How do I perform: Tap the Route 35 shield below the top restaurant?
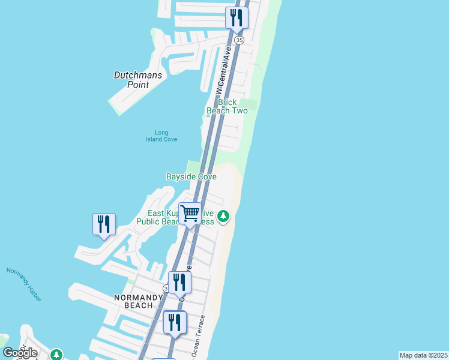(240, 40)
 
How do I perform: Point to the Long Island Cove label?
(161, 136)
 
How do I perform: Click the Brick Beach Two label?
(227, 106)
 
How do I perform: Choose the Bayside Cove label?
(191, 177)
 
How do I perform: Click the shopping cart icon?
(190, 212)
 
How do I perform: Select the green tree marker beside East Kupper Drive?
(223, 215)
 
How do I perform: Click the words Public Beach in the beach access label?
(157, 221)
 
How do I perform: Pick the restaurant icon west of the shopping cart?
(104, 224)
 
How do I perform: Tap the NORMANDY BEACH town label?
(139, 301)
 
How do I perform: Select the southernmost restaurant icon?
(175, 322)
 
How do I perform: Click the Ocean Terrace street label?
(198, 337)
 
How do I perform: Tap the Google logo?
(20, 353)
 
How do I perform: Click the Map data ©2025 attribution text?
(423, 355)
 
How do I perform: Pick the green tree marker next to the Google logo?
(56, 355)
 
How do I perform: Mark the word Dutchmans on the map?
(137, 76)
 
